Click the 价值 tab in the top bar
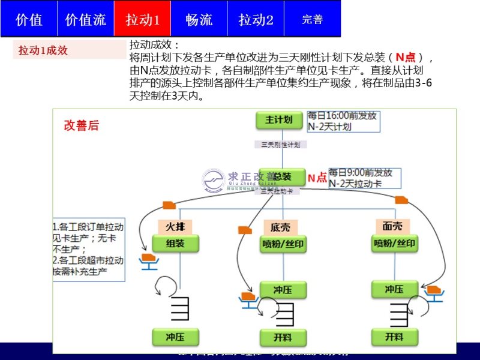(29, 19)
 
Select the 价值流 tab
(85, 19)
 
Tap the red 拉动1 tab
(142, 19)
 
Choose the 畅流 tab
(199, 19)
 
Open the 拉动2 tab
(256, 19)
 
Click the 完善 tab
(312, 19)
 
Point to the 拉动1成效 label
(43, 51)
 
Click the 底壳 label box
(280, 227)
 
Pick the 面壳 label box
(392, 226)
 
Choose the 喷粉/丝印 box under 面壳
(395, 244)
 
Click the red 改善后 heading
(82, 126)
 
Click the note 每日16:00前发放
(342, 116)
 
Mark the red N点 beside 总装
(317, 178)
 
